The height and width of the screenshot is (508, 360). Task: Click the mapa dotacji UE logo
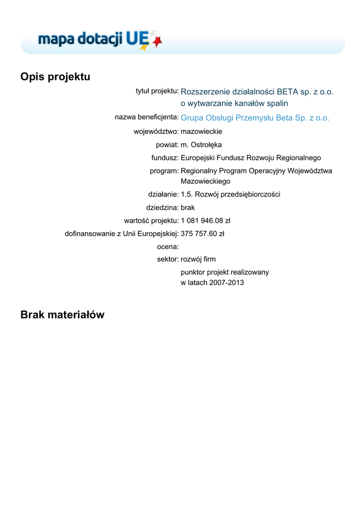coord(99,40)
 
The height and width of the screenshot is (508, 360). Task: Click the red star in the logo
coord(158,43)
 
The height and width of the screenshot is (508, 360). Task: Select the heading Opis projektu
coord(55,77)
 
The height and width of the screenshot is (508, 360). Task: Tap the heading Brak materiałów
coord(63,315)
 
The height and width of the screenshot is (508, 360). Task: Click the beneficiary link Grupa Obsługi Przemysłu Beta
coord(255,118)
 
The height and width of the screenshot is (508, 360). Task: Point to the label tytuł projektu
coord(157,91)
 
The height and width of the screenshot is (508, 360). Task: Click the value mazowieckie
coord(201,132)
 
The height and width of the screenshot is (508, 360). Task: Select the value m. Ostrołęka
coord(201,145)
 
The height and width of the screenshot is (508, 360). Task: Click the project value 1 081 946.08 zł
coord(205,220)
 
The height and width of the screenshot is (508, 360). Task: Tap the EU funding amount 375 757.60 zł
coord(202,233)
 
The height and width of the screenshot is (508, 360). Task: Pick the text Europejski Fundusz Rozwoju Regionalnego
coord(251,158)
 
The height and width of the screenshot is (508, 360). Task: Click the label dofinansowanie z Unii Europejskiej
coord(122,233)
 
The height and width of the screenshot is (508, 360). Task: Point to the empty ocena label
coord(167,246)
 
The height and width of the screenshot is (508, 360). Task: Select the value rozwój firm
coord(198,259)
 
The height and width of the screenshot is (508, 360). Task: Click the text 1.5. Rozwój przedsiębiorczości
coord(230,194)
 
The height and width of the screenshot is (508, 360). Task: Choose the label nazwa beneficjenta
coord(146,117)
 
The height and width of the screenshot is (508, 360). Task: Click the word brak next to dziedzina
coord(188,207)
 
